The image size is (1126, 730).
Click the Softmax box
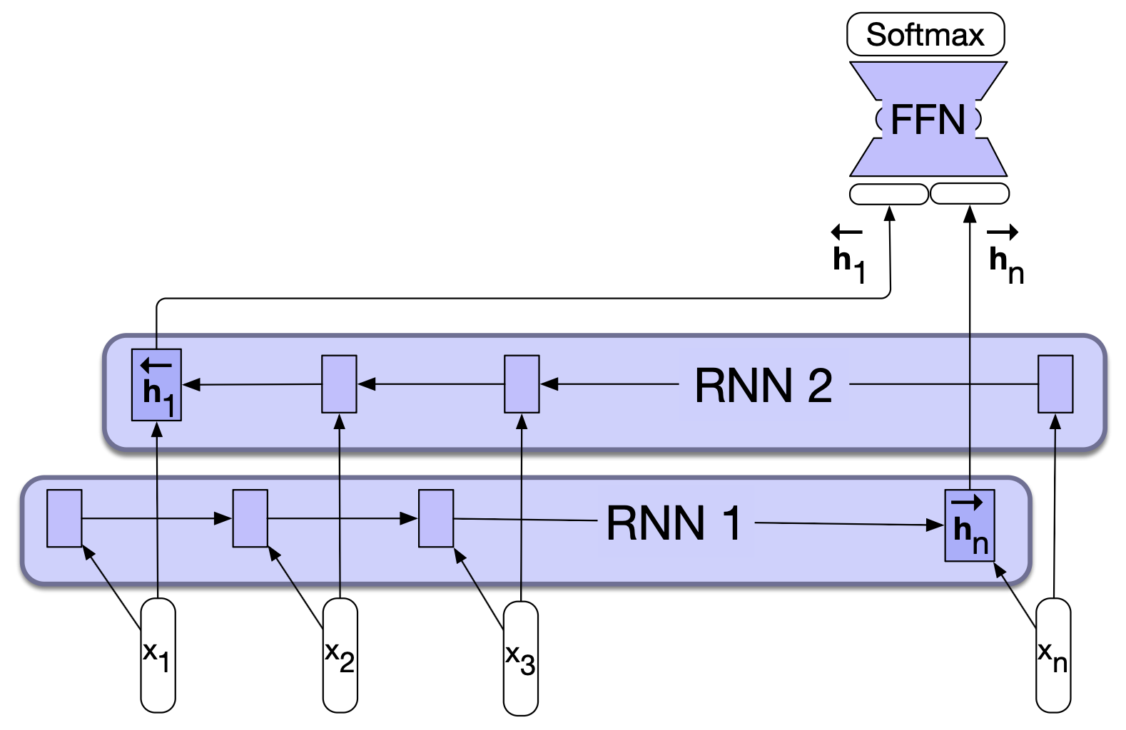pos(925,34)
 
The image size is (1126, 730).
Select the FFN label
pos(928,120)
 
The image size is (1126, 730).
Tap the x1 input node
pos(158,655)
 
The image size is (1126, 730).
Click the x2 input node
pos(340,655)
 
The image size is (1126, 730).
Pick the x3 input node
pos(520,657)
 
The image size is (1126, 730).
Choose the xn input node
pos(1053,655)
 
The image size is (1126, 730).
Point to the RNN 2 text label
pos(764,386)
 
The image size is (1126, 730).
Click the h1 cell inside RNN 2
pos(157,385)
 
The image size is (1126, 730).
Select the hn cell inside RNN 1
pos(970,525)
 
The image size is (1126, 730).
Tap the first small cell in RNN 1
pos(64,518)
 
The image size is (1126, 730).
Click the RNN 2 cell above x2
pos(339,384)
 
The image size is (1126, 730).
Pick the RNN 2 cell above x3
pos(522,384)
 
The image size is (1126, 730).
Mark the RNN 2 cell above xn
pos(1055,384)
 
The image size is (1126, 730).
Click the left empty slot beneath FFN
pos(889,194)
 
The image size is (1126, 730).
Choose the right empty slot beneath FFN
pos(970,194)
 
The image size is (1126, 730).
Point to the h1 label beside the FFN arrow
pos(849,257)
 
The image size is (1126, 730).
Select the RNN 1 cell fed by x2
pos(250,518)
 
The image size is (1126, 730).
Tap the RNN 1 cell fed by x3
pos(436,518)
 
